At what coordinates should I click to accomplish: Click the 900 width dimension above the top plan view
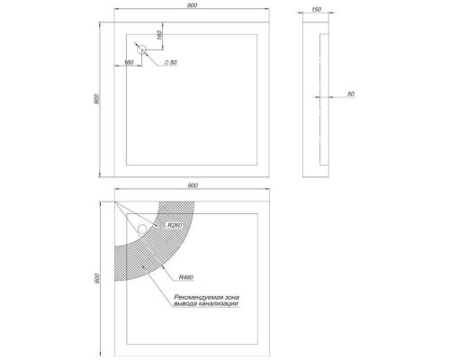click(x=193, y=5)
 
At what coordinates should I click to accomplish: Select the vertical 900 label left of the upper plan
click(x=96, y=99)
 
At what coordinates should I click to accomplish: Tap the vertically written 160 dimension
click(x=159, y=35)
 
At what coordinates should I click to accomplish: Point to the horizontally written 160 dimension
click(x=129, y=62)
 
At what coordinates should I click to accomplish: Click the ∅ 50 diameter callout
click(x=171, y=62)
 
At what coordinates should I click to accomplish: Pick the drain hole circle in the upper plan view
click(x=141, y=49)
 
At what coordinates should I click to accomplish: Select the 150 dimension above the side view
click(x=317, y=10)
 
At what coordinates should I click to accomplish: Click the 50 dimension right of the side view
click(x=351, y=94)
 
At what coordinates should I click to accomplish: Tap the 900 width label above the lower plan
click(x=193, y=185)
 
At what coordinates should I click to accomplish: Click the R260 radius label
click(x=175, y=225)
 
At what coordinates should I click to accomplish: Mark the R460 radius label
click(x=186, y=277)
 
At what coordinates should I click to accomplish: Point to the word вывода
click(x=185, y=304)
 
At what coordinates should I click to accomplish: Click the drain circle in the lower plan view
click(x=141, y=229)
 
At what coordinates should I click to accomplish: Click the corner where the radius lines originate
click(x=115, y=202)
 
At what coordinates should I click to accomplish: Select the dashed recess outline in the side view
click(x=320, y=99)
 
